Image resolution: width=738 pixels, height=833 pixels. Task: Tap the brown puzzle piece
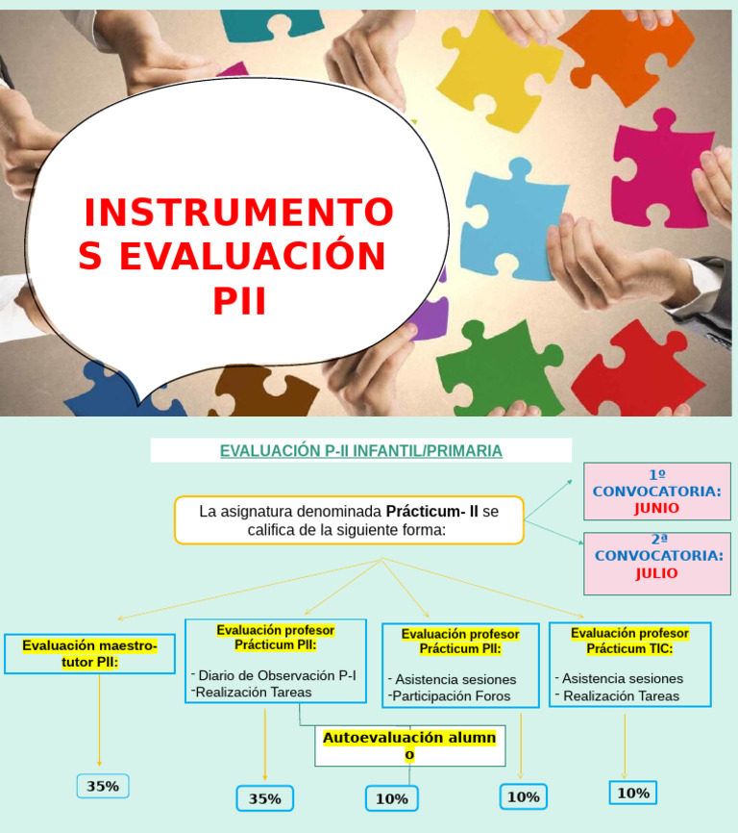click(x=259, y=394)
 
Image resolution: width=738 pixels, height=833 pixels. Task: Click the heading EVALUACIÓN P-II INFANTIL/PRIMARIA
click(x=360, y=450)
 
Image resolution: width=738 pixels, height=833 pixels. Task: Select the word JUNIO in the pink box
click(x=656, y=508)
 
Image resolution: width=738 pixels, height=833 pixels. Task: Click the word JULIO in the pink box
click(x=656, y=573)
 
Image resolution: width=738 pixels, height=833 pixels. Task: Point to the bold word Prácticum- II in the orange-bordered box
click(x=431, y=512)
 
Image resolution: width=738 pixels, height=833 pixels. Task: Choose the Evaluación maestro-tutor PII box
click(x=89, y=654)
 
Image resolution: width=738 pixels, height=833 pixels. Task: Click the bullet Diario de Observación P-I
click(x=277, y=675)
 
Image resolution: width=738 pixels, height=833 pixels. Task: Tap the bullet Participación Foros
click(x=451, y=695)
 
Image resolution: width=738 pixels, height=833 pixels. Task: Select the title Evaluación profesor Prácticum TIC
click(x=629, y=641)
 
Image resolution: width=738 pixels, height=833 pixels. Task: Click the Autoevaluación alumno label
click(x=409, y=745)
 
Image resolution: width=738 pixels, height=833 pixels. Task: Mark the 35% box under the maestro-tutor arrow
click(x=103, y=786)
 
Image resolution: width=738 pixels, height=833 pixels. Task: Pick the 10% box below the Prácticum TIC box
click(x=632, y=793)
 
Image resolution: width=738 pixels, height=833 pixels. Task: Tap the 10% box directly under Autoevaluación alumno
click(x=391, y=798)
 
